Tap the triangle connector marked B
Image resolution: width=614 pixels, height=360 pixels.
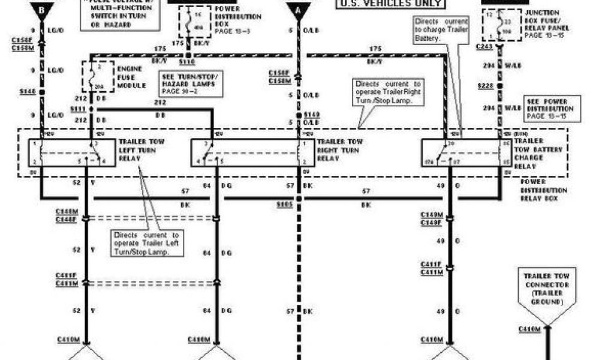41,10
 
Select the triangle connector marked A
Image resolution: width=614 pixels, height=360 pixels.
298,10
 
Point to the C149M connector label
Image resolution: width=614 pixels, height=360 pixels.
431,214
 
